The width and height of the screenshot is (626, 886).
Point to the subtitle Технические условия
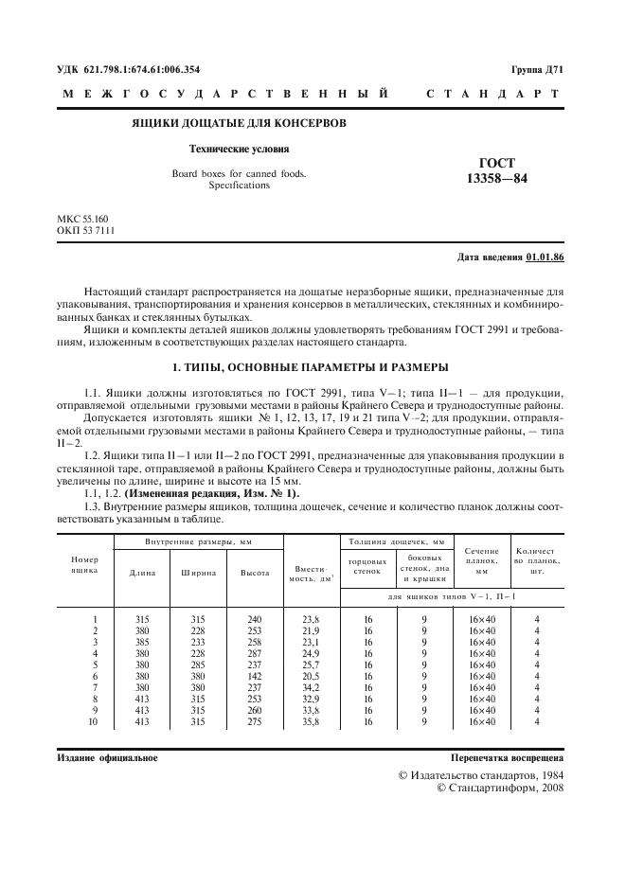point(239,149)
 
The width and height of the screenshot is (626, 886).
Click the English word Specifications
point(239,186)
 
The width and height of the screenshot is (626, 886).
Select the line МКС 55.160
point(83,220)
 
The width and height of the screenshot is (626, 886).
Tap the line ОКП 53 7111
point(85,231)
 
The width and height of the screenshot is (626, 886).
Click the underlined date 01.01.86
point(546,257)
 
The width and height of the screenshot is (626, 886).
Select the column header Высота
point(255,573)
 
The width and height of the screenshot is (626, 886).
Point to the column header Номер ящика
point(85,565)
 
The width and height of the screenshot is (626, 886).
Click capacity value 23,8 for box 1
point(310,618)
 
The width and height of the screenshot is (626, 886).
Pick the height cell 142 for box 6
point(255,676)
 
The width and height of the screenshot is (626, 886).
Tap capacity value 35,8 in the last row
point(310,722)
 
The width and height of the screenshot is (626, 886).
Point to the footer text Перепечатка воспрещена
point(508,758)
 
